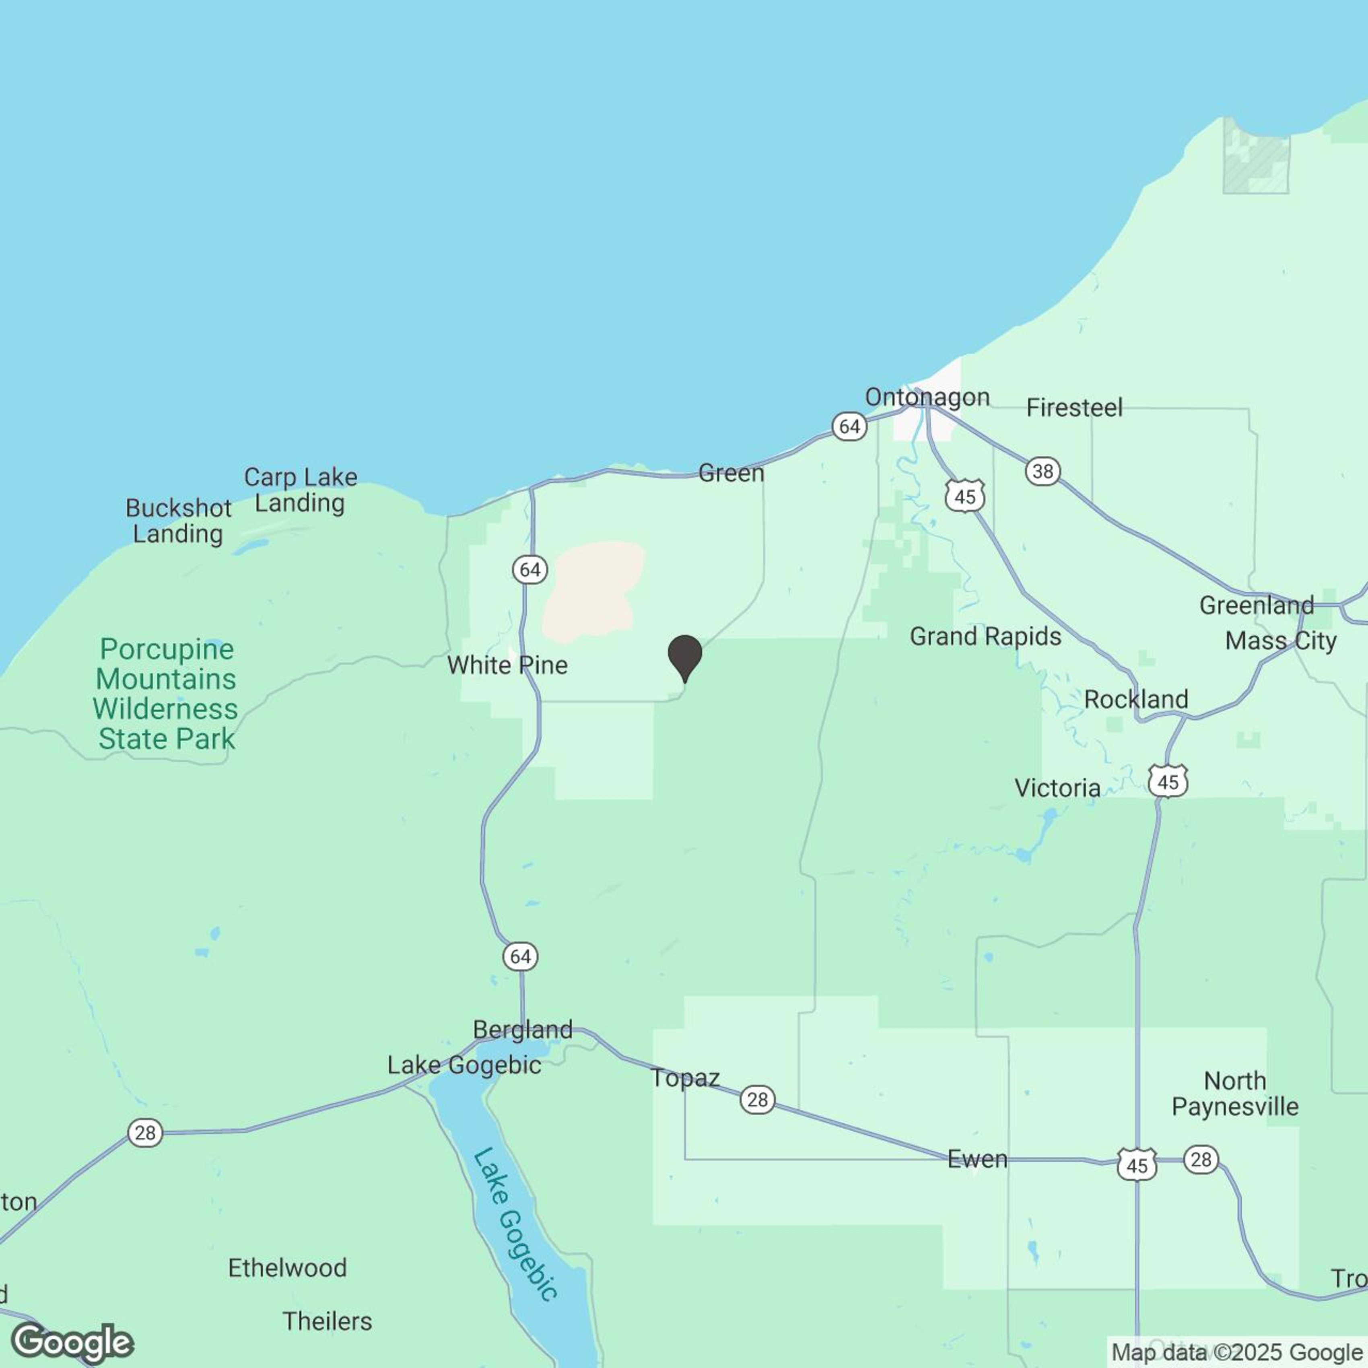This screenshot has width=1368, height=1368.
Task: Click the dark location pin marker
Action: (x=685, y=656)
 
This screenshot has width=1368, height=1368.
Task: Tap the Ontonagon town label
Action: (x=927, y=397)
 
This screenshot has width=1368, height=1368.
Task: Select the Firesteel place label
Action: (x=1074, y=408)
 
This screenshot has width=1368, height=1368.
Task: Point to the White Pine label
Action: (x=507, y=665)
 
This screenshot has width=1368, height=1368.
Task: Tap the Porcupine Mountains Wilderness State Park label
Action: (x=167, y=694)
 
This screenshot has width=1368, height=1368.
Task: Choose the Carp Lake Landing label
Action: (x=300, y=490)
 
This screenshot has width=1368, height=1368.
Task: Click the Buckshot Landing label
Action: (x=178, y=520)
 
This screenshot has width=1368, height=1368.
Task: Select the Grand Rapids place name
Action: (x=985, y=637)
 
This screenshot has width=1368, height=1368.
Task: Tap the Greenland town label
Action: (x=1256, y=606)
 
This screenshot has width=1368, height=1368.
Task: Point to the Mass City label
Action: (x=1281, y=641)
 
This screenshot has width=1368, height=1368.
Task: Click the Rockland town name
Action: (x=1136, y=700)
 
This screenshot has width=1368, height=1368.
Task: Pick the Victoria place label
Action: (x=1057, y=788)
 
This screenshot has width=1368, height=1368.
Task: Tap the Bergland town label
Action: (x=523, y=1030)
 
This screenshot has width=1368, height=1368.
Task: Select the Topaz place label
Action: (x=685, y=1078)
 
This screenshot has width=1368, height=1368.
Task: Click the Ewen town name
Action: (x=977, y=1159)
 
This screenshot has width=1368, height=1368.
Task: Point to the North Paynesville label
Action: (x=1235, y=1094)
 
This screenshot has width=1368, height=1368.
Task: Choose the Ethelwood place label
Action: (x=287, y=1267)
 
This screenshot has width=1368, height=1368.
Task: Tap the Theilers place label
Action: (x=327, y=1321)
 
